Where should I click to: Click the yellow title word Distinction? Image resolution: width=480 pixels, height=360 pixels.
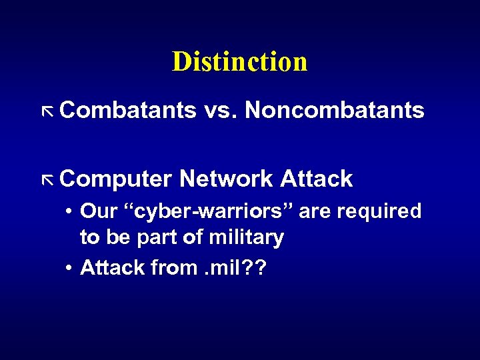coord(239,62)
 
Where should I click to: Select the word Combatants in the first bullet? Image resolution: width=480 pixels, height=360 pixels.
coord(127,110)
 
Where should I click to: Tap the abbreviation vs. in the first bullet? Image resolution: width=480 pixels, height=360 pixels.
coord(220,110)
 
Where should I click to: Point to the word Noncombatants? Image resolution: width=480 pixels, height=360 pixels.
coord(334,110)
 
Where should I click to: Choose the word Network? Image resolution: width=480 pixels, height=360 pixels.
coord(226,179)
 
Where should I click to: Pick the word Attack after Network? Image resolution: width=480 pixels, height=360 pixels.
coord(317,179)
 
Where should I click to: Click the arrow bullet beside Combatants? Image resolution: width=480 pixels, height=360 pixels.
coord(46,111)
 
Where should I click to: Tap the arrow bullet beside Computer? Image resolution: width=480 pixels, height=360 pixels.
coord(46,179)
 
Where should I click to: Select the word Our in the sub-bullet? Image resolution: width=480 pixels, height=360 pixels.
coord(99,212)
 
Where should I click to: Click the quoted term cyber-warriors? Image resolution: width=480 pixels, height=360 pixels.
coord(208,212)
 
